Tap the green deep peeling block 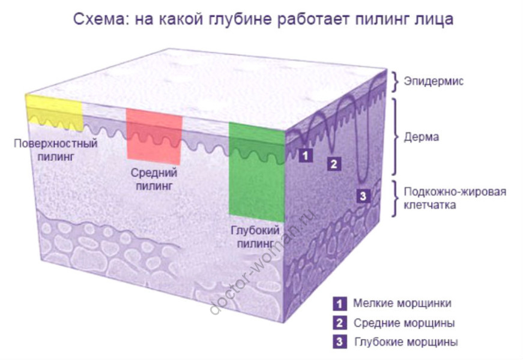pos(256,171)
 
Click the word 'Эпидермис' pos(433,81)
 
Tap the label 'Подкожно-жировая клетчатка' pos(455,198)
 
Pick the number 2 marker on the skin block pos(334,163)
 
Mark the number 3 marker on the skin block pos(363,195)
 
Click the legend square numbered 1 pos(339,303)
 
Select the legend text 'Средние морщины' pos(404,323)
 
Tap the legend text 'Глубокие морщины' pos(405,342)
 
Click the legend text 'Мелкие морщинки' pos(402,303)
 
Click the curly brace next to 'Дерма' pos(395,136)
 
